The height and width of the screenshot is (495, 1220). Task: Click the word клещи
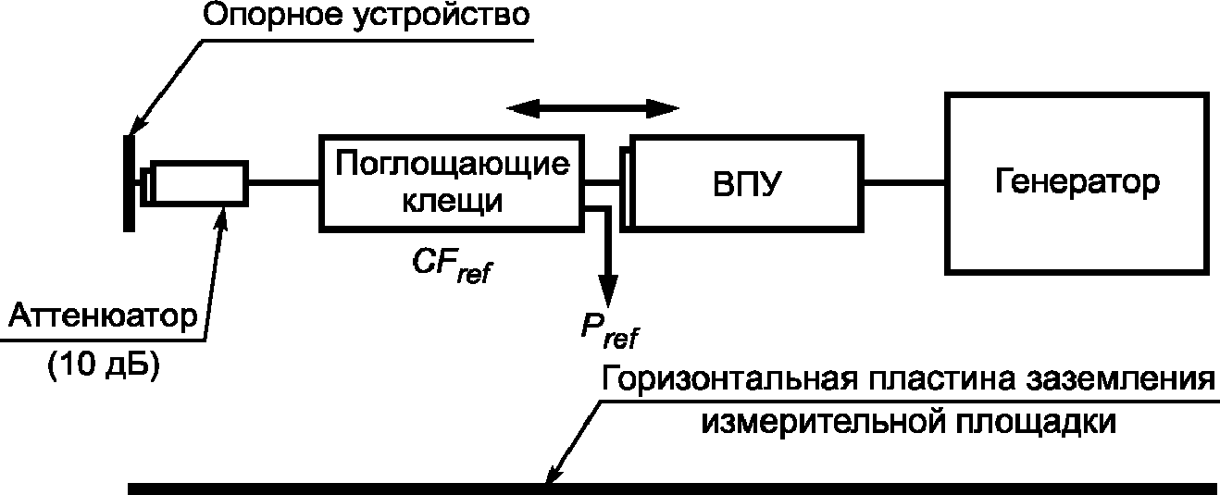[x=452, y=201]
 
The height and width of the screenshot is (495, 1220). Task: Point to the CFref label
[x=452, y=266]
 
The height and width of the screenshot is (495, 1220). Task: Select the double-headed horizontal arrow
[x=592, y=108]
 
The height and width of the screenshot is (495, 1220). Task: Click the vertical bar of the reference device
[x=129, y=183]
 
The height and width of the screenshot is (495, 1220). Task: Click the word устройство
[x=441, y=16]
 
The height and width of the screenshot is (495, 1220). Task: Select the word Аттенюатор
[x=103, y=316]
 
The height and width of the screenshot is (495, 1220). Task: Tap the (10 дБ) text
[x=104, y=364]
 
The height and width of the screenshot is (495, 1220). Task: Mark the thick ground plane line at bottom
[x=673, y=489]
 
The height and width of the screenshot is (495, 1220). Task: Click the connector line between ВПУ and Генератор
[x=904, y=183]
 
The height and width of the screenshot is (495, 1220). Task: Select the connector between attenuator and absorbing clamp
[x=284, y=183]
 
